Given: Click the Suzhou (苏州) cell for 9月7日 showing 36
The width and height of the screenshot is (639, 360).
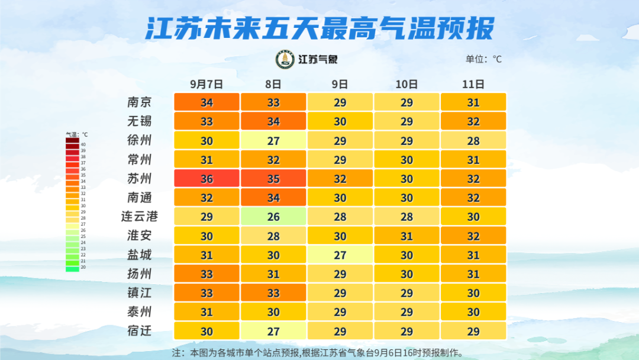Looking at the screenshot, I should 206,179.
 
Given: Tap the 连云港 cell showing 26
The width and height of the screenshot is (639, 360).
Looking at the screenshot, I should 273,217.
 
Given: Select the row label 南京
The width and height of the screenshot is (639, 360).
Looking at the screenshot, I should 140,102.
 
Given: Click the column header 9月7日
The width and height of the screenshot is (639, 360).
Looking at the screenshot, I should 206,84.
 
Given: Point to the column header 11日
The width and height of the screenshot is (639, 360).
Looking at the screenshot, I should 473,84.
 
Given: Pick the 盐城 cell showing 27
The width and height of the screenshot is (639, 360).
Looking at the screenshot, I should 340,255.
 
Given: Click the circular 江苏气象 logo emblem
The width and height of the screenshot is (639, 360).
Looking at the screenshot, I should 285,59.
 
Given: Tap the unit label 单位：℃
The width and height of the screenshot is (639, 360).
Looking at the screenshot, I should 483,59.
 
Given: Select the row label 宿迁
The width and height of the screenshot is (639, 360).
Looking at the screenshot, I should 140,331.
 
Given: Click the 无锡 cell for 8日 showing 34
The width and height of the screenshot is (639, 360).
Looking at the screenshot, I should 273,121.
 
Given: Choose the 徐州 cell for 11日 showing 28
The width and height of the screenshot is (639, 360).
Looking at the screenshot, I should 473,140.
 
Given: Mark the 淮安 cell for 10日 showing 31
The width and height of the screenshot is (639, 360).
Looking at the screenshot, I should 406,236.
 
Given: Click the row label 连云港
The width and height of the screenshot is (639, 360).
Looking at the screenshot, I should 140,217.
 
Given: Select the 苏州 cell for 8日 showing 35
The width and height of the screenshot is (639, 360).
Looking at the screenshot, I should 273,179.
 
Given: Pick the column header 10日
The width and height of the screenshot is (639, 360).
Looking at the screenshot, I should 406,84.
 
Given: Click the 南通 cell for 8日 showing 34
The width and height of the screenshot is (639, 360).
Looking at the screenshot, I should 273,198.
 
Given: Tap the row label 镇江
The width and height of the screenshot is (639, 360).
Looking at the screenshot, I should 140,293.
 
